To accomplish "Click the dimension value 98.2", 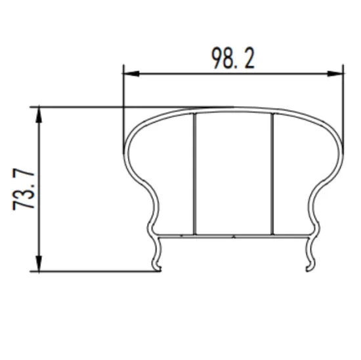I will pyautogui.click(x=232, y=59).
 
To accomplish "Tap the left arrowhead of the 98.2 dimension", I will pyautogui.click(x=129, y=72).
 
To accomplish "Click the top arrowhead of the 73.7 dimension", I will pyautogui.click(x=41, y=111).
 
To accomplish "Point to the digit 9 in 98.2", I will pyautogui.click(x=219, y=59).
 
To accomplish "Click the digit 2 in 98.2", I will pyautogui.click(x=249, y=59).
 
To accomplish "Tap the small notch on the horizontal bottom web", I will pyautogui.click(x=234, y=233).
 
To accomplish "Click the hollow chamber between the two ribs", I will pyautogui.click(x=233, y=174).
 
